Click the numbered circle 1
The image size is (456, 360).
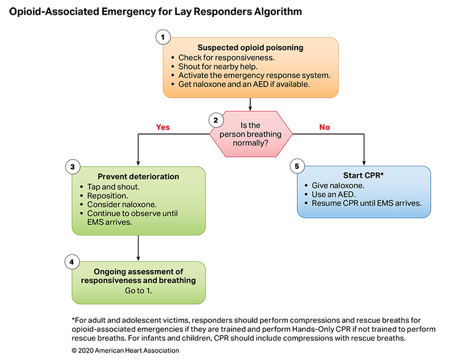coord(164,37)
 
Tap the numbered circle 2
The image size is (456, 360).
coord(215,120)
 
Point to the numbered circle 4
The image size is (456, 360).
coord(72,262)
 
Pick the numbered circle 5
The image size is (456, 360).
coord(296,166)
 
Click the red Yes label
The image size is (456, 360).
coord(163,127)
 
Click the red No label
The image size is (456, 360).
coord(324,127)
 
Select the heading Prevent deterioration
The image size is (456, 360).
coord(139,176)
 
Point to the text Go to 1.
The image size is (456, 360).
coord(139,290)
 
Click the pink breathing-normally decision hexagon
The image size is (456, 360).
coord(251,135)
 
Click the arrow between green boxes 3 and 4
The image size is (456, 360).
coord(139,248)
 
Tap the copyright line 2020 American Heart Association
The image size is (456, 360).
coord(125,350)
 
